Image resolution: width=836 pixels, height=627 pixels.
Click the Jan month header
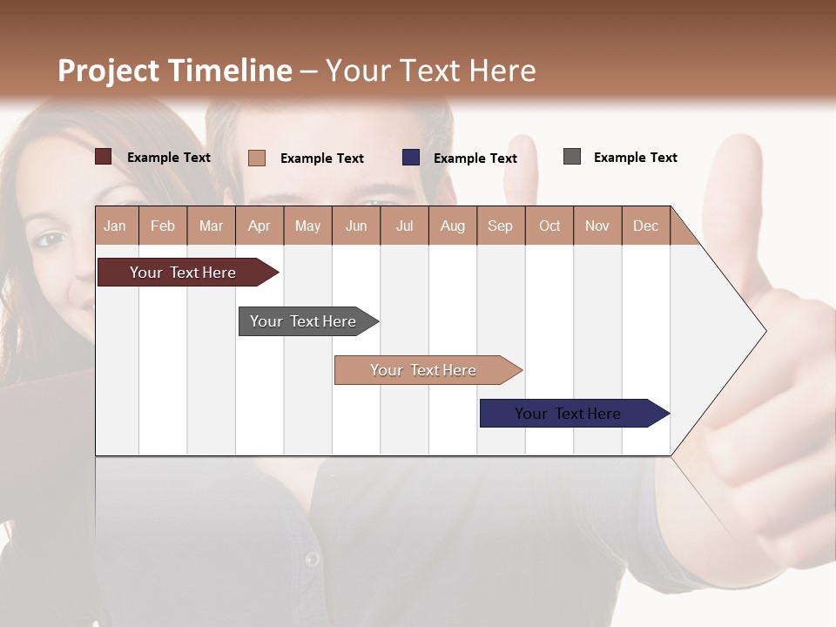(115, 226)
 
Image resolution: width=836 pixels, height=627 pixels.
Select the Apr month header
(259, 226)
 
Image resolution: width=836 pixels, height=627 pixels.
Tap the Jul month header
(404, 226)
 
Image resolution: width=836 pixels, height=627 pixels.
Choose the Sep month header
(500, 226)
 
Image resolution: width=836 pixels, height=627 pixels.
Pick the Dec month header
(645, 226)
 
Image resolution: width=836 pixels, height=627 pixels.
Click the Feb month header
(163, 226)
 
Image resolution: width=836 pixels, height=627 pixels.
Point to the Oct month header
(549, 226)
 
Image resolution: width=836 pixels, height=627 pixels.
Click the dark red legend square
(104, 157)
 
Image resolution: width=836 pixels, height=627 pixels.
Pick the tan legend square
(257, 158)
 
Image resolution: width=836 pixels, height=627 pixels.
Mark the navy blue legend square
(411, 158)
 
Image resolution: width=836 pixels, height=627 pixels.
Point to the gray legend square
(572, 157)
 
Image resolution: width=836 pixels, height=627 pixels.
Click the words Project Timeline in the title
(175, 71)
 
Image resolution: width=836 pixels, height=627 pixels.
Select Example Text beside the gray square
(635, 158)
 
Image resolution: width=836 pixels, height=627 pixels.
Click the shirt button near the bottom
(312, 558)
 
